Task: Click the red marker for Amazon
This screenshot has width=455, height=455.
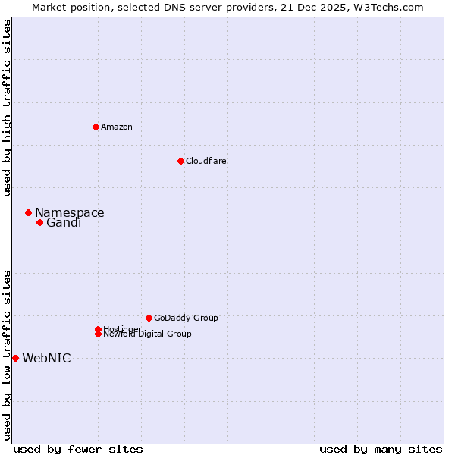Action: click(x=96, y=127)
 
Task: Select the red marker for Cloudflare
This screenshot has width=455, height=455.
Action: click(x=180, y=161)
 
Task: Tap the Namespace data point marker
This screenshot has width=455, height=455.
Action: click(x=28, y=213)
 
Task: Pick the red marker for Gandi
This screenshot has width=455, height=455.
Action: click(x=39, y=222)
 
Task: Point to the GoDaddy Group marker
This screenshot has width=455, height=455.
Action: click(x=149, y=318)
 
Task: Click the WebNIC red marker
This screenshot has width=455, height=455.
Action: click(x=15, y=358)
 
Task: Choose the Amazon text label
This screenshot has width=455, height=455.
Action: click(x=116, y=127)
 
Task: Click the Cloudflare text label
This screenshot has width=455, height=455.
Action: click(x=206, y=161)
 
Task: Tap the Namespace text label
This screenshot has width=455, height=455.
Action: click(x=69, y=213)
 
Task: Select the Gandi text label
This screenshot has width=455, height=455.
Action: click(x=63, y=223)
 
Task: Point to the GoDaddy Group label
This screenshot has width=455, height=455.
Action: click(x=185, y=318)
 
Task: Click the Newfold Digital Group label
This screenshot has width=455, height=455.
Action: click(x=147, y=334)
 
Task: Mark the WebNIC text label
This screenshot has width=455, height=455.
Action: click(x=46, y=359)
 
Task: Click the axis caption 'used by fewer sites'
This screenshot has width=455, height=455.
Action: click(x=78, y=449)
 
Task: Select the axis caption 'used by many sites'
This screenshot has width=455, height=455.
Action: click(x=381, y=449)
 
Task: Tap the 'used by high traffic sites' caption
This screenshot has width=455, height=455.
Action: click(x=7, y=108)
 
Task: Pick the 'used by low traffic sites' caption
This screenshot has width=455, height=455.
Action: click(x=7, y=354)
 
